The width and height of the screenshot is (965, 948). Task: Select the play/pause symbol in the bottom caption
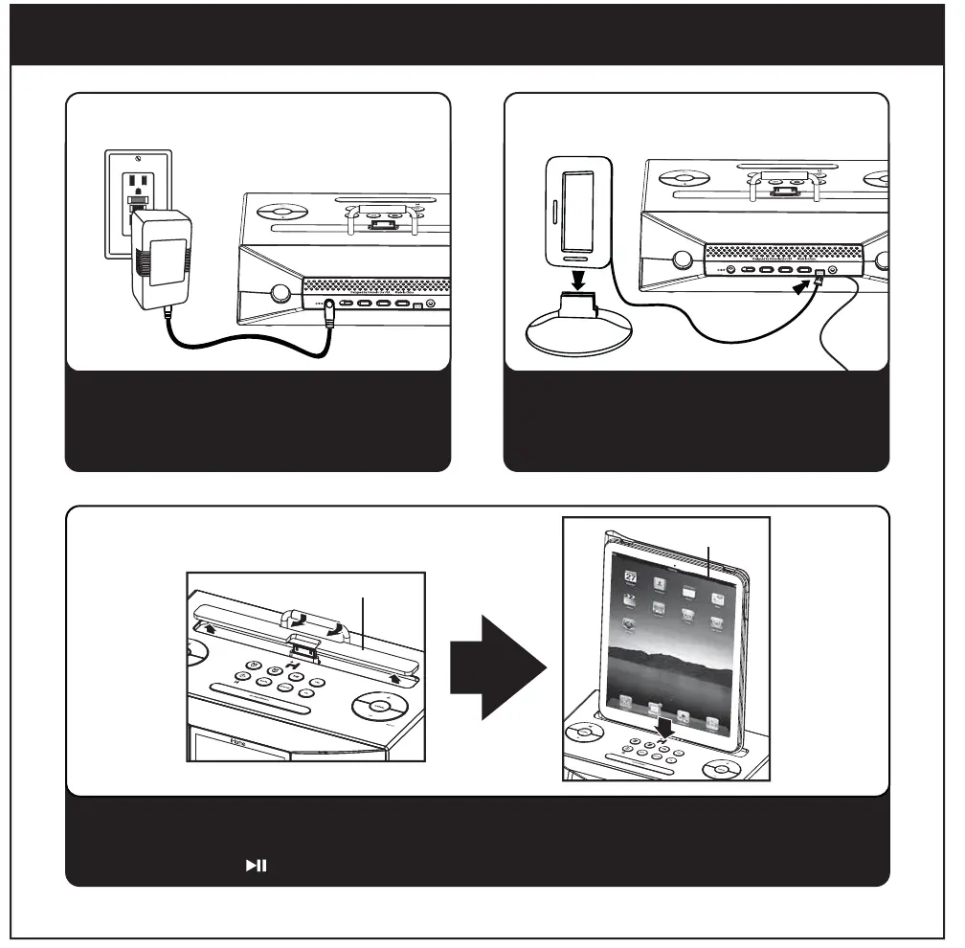[256, 866]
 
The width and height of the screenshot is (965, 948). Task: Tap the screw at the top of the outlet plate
[139, 159]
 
